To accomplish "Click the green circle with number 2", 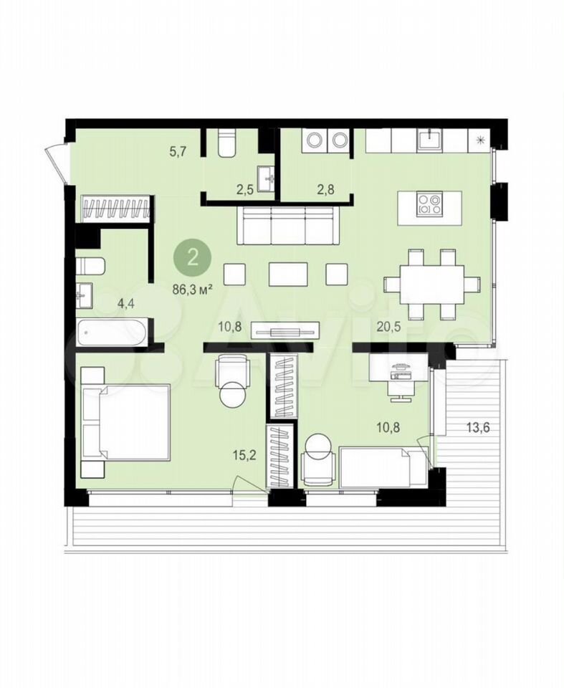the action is [x=193, y=257].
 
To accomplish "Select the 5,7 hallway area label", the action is [x=178, y=152].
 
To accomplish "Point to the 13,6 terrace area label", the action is [x=477, y=427].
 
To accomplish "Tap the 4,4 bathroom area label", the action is [x=125, y=304].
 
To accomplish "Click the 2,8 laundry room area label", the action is [x=325, y=189].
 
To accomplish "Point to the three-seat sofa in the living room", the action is [x=289, y=225].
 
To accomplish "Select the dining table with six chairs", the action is [x=431, y=284].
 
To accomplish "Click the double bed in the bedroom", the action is [x=125, y=423].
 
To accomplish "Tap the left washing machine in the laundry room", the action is [x=315, y=140].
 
